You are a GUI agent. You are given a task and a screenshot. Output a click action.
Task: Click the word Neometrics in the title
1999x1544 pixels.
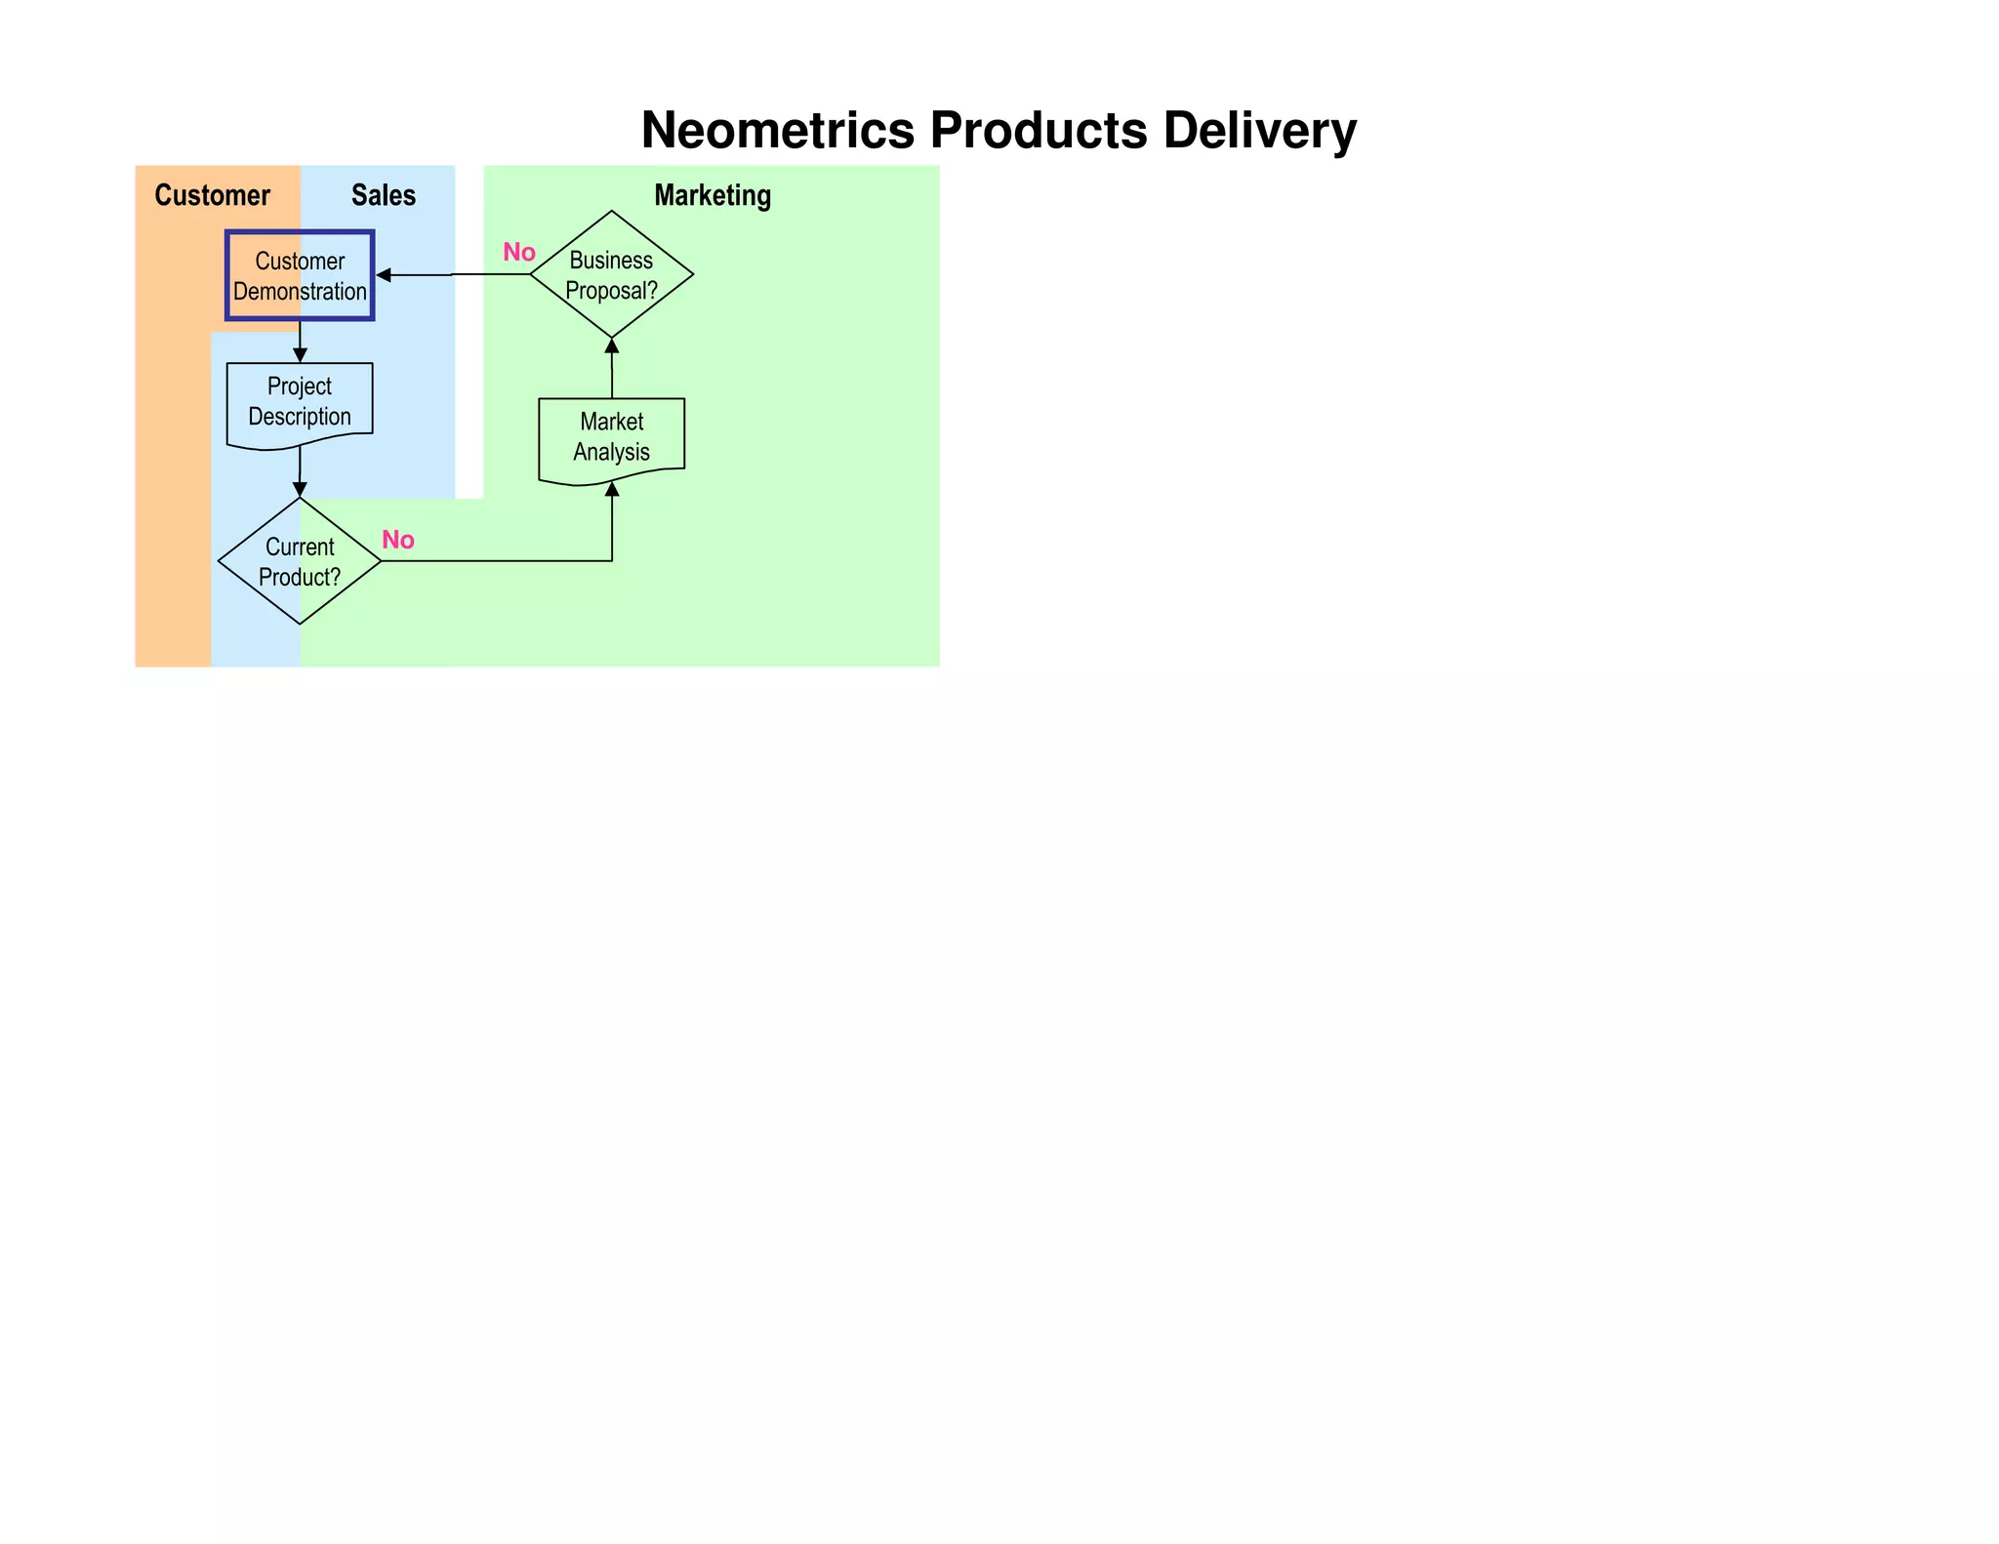778,130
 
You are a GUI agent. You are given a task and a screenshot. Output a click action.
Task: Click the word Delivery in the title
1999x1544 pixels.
1259,130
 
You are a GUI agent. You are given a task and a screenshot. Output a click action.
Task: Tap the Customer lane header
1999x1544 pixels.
212,195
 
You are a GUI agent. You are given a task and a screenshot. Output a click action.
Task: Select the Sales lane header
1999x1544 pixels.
384,195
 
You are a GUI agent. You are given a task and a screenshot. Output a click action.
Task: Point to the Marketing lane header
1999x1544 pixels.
713,195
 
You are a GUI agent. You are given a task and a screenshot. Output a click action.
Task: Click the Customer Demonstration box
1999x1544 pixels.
300,275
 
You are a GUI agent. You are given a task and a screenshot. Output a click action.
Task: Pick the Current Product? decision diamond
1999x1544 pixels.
300,561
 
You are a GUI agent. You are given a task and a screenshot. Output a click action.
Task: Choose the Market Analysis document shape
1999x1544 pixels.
612,438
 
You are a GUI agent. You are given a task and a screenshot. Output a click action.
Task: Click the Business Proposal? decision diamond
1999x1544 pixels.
612,274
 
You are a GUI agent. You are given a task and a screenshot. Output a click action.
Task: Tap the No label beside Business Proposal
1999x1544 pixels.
519,253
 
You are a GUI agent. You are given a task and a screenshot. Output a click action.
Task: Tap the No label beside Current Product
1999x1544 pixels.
398,541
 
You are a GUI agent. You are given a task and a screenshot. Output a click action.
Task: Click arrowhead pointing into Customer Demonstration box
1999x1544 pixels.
384,276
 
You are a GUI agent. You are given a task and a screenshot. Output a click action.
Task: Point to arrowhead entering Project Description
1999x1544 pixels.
301,356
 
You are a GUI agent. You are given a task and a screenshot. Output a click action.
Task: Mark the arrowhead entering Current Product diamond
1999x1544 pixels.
300,489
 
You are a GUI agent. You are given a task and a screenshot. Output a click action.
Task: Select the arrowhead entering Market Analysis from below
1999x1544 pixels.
612,489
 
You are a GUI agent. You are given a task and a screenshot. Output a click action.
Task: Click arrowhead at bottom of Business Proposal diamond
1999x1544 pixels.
612,345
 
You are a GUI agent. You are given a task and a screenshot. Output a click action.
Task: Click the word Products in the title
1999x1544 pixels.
1039,130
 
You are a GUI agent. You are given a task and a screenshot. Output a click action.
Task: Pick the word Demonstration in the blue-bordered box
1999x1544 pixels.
300,292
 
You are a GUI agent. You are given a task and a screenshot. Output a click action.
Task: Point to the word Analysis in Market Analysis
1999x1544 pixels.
611,453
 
